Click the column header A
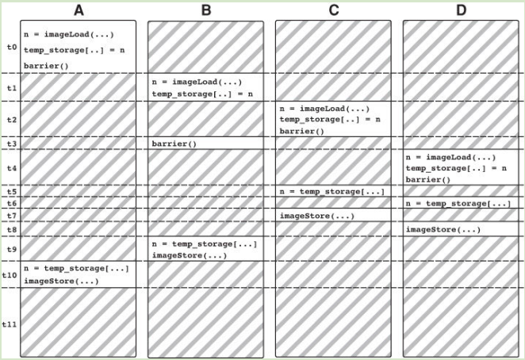79,10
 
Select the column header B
206,10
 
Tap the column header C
334,10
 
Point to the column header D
462,10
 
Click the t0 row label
12,47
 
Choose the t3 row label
12,144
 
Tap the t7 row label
12,216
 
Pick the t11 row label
10,324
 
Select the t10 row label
10,275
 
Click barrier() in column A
46,66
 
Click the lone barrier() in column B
174,144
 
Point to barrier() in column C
302,131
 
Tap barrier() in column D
428,179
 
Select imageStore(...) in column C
317,216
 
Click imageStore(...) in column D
443,229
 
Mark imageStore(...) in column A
61,281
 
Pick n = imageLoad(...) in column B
197,82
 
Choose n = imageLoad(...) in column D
450,157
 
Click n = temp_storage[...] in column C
332,192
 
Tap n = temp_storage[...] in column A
76,268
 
